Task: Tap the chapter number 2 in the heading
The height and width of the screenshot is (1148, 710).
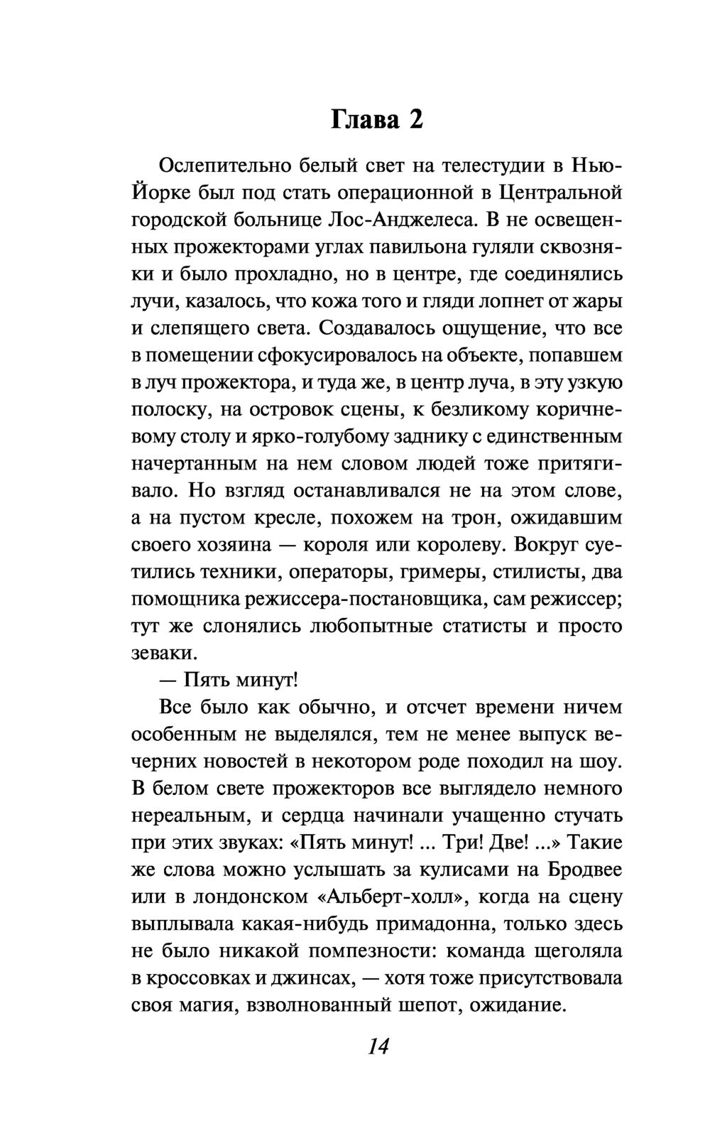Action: click(415, 120)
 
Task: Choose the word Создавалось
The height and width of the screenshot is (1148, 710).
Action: click(377, 329)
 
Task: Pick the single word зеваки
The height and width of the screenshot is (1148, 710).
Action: click(162, 653)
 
